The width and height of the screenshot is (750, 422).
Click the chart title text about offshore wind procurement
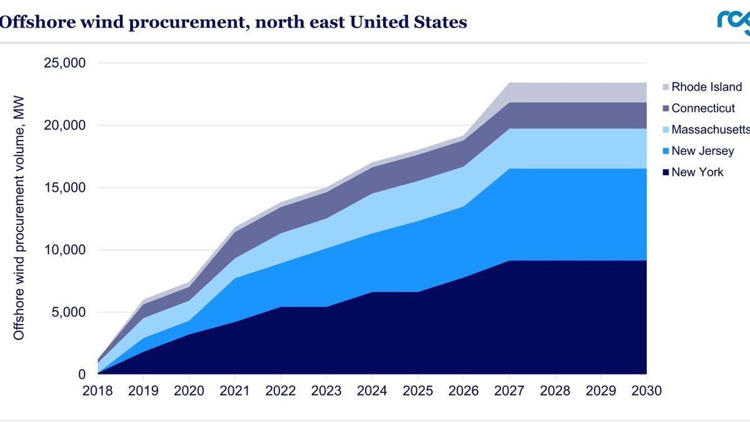(232, 22)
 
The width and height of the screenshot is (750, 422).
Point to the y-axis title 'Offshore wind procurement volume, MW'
(19, 218)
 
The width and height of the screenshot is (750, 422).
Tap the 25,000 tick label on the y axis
(64, 64)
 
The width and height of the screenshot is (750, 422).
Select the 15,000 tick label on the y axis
(64, 188)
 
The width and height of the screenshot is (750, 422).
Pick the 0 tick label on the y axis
(82, 374)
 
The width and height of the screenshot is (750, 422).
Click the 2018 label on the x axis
(97, 391)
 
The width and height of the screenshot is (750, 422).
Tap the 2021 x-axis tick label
(235, 391)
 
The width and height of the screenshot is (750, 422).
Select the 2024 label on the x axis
(372, 391)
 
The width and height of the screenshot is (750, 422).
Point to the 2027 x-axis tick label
(509, 391)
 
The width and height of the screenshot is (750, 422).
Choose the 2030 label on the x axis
(646, 391)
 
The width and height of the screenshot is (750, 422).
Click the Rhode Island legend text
(706, 87)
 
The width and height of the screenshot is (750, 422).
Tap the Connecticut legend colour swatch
(665, 109)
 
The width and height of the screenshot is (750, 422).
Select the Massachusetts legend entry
(710, 129)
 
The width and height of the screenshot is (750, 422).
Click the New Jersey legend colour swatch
(665, 151)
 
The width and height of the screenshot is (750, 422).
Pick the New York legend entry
(697, 172)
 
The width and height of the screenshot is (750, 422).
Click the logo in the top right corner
(734, 23)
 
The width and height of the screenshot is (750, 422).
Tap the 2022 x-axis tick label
(281, 391)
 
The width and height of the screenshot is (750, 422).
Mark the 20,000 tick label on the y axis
(64, 126)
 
